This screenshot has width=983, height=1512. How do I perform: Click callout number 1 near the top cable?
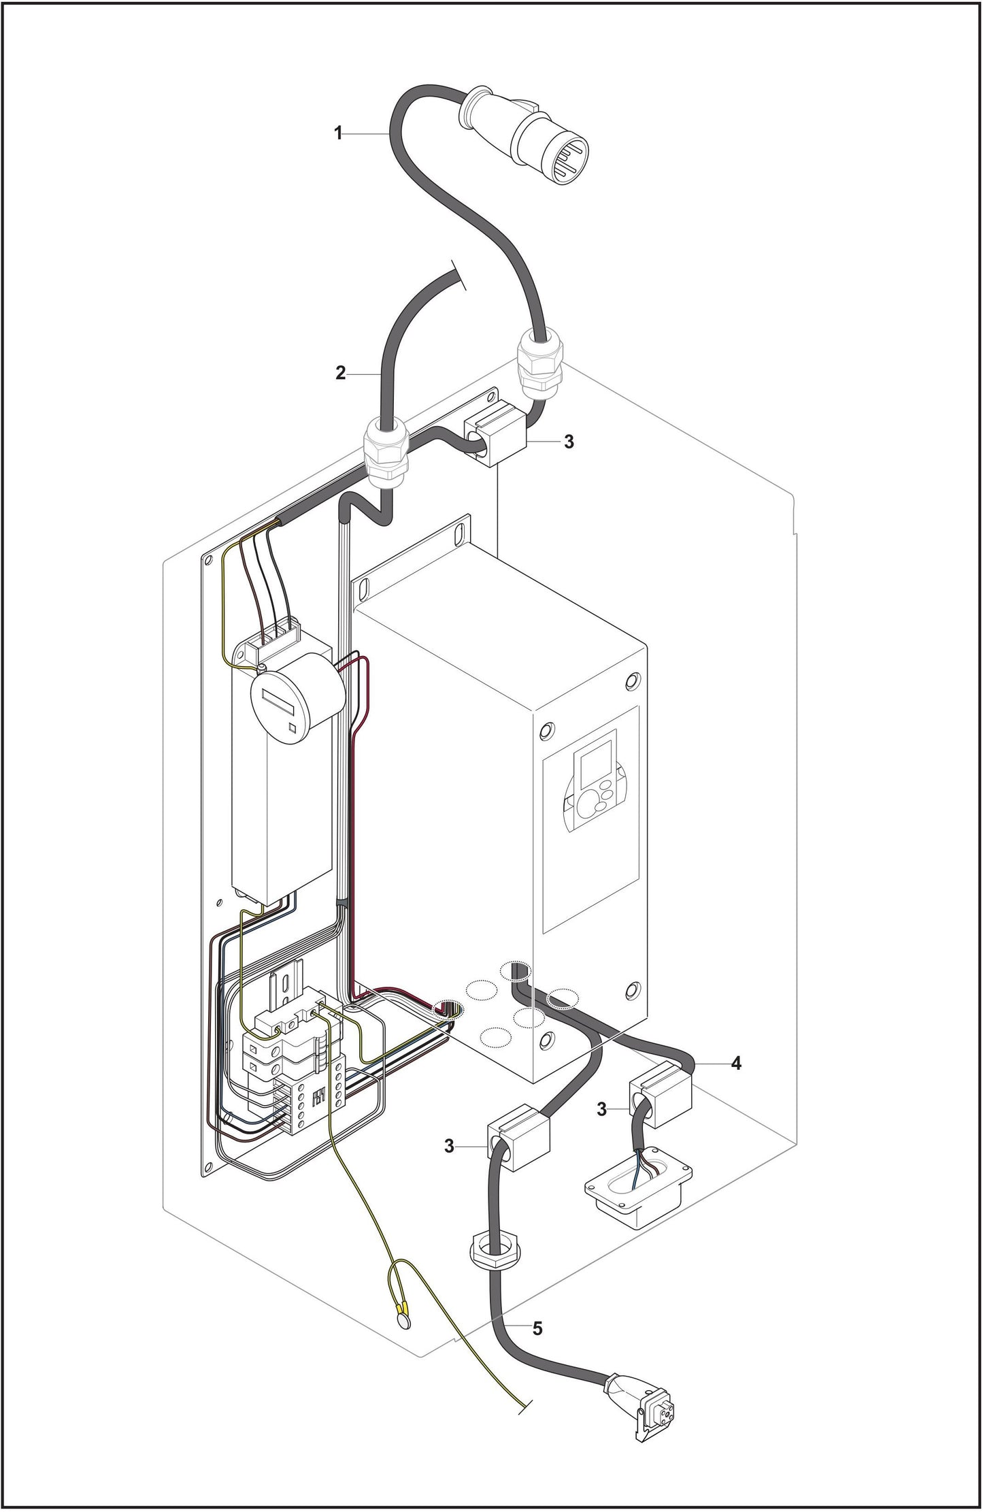[x=338, y=133]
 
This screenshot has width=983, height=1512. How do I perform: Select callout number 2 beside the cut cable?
[x=341, y=374]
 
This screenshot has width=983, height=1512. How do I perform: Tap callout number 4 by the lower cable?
[x=735, y=1063]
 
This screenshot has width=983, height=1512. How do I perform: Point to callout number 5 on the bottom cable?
[x=537, y=1328]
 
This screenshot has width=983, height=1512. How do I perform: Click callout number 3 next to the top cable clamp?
[x=569, y=442]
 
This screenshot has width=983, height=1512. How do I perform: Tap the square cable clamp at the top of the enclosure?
[x=495, y=438]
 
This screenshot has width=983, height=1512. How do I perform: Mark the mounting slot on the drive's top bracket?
[x=463, y=527]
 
